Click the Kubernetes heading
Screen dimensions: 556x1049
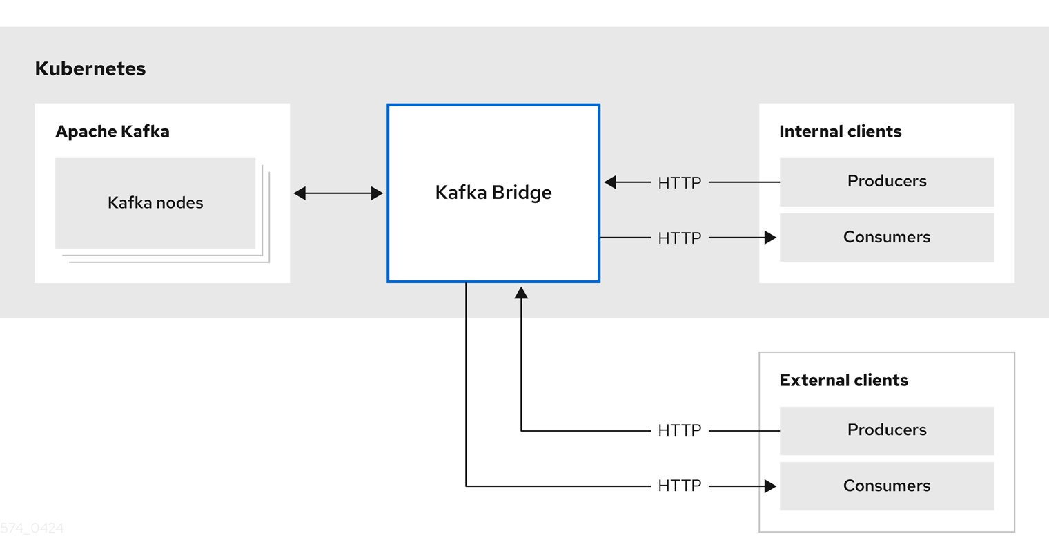click(x=90, y=68)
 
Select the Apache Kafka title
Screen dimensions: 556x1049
click(x=112, y=131)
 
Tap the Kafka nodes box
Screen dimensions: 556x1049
click(x=155, y=202)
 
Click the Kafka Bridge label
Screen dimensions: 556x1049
click(x=493, y=192)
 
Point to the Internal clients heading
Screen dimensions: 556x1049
click(x=840, y=131)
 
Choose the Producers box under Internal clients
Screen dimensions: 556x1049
click(x=886, y=182)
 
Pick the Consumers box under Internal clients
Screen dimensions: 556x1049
click(x=886, y=237)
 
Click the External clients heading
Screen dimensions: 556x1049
click(x=843, y=380)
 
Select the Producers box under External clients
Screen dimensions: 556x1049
click(x=886, y=430)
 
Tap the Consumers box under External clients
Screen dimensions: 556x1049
click(x=886, y=486)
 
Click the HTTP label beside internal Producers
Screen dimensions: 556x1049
click(x=679, y=182)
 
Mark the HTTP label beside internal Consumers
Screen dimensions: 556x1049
click(x=679, y=238)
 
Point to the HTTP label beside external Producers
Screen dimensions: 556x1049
click(x=679, y=430)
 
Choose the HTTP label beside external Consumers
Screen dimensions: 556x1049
click(x=679, y=486)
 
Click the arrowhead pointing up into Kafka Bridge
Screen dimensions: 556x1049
click(x=521, y=293)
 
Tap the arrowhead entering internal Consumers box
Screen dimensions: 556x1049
click(x=770, y=238)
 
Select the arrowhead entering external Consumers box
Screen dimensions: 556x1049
click(x=770, y=486)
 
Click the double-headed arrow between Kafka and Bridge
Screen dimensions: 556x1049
click(x=338, y=193)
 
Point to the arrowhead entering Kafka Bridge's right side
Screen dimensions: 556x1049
click(x=610, y=182)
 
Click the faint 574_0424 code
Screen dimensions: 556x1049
click(x=32, y=528)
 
